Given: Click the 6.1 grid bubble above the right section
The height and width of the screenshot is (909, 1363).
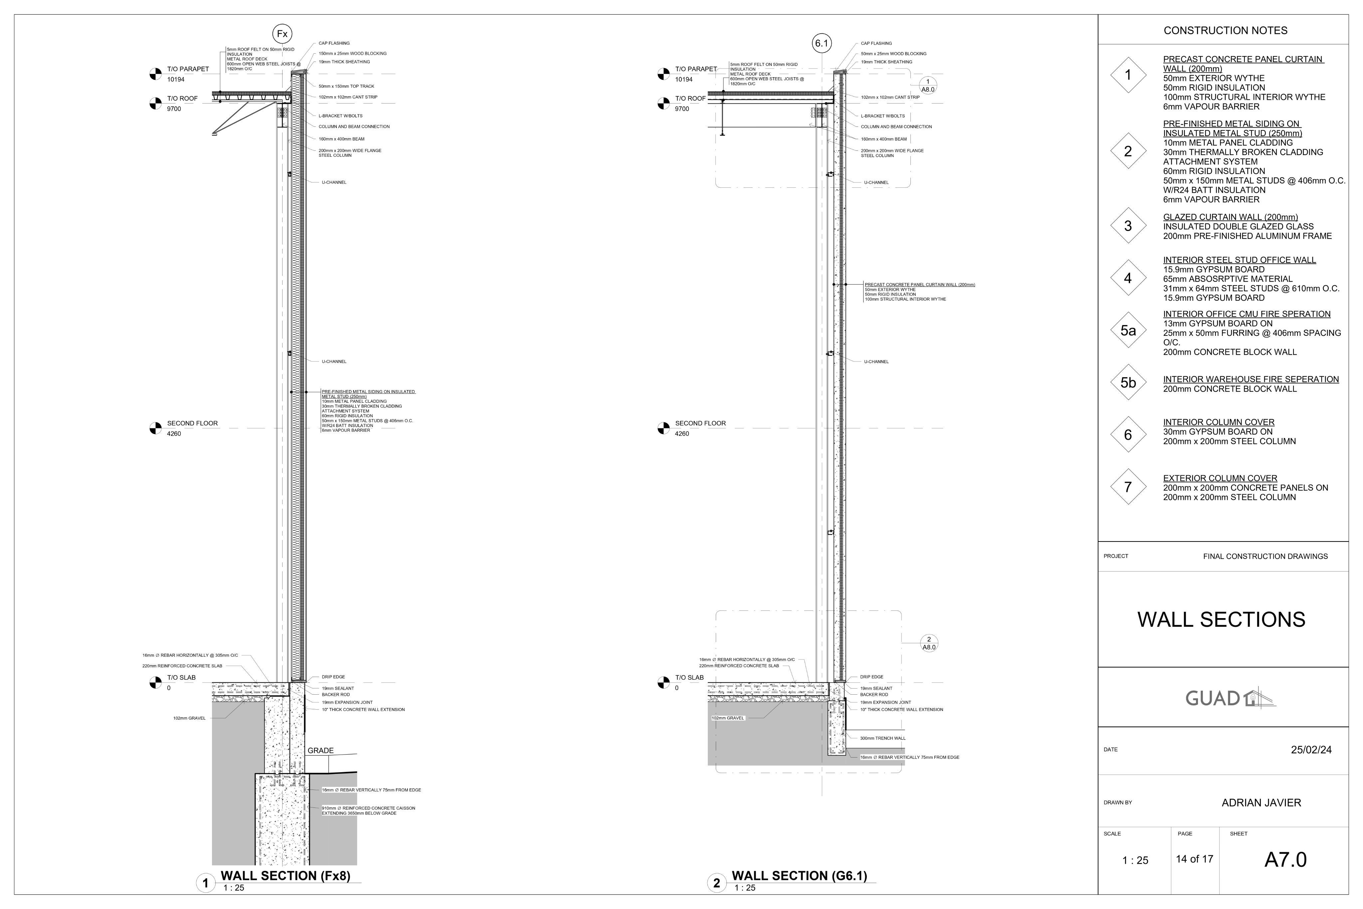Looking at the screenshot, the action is coord(822,44).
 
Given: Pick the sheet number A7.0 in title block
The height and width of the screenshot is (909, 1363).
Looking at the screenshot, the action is coord(1285,860).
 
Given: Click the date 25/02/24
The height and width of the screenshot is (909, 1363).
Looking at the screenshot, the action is coord(1311,750).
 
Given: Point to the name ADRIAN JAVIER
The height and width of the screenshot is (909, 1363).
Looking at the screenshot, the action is coord(1261,803).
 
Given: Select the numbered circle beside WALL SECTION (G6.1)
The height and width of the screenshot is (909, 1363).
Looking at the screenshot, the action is coord(716,883).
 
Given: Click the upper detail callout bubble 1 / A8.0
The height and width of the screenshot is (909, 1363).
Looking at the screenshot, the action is coord(928,85).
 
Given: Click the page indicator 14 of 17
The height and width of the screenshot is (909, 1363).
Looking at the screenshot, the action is coord(1194,859).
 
